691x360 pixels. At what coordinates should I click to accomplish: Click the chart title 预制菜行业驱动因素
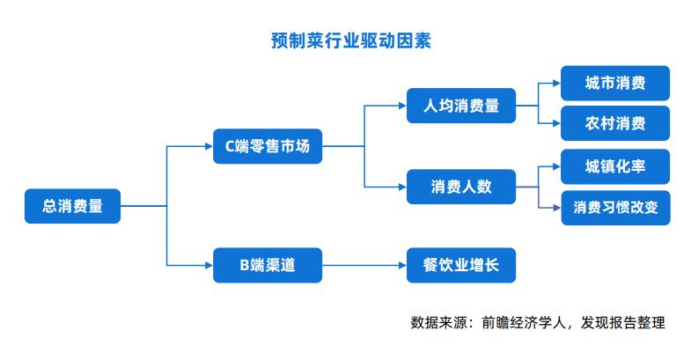(x=351, y=40)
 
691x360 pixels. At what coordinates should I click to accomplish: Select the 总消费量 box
(x=72, y=206)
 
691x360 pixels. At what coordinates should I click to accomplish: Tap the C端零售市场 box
(x=268, y=146)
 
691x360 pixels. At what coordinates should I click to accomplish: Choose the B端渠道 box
(x=268, y=265)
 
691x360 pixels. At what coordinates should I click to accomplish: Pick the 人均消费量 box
(x=461, y=106)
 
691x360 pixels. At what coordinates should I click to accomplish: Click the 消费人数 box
(x=461, y=187)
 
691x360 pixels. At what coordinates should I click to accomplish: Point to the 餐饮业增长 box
(x=461, y=265)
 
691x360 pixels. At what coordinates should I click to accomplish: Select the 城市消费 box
(x=615, y=83)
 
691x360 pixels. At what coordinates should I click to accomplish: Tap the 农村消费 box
(x=615, y=123)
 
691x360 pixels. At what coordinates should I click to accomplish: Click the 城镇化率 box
(x=615, y=166)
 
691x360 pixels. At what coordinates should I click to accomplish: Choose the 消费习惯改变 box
(x=615, y=208)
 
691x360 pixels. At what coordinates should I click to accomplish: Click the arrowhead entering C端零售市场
(x=210, y=146)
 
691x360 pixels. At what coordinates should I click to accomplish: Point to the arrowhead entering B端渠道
(x=210, y=265)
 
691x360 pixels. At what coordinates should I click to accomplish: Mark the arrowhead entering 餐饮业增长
(x=403, y=265)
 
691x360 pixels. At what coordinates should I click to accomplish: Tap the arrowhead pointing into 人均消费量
(x=403, y=106)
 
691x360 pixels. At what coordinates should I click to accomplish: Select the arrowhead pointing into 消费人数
(x=403, y=187)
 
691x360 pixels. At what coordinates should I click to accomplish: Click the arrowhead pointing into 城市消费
(x=556, y=83)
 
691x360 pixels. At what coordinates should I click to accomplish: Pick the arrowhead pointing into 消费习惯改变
(x=557, y=208)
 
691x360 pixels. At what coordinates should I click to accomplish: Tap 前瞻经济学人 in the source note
(x=524, y=322)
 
